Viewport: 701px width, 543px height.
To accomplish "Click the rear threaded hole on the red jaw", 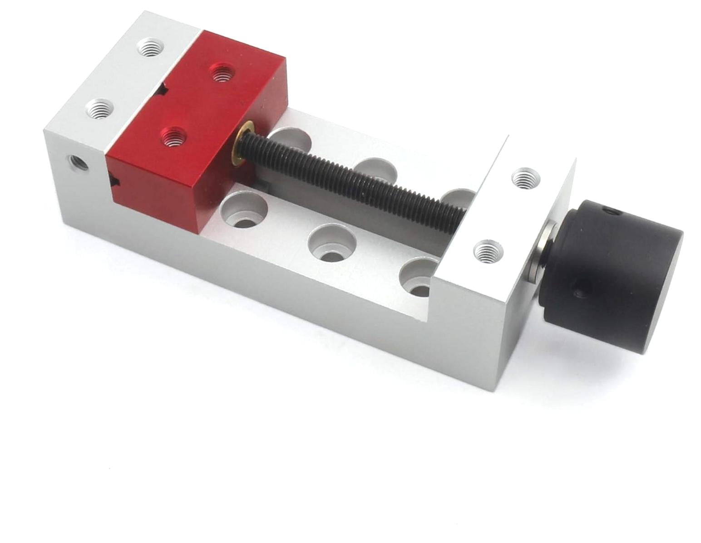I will pos(221,73).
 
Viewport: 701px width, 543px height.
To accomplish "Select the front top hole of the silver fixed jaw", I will pos(100,109).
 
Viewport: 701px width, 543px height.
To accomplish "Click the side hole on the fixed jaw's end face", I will pos(78,163).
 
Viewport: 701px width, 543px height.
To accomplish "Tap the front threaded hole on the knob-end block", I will pos(489,250).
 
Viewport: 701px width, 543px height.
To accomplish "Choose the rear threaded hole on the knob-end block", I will pos(526,177).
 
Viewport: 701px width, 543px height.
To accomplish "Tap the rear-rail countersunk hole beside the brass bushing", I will pos(291,138).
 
